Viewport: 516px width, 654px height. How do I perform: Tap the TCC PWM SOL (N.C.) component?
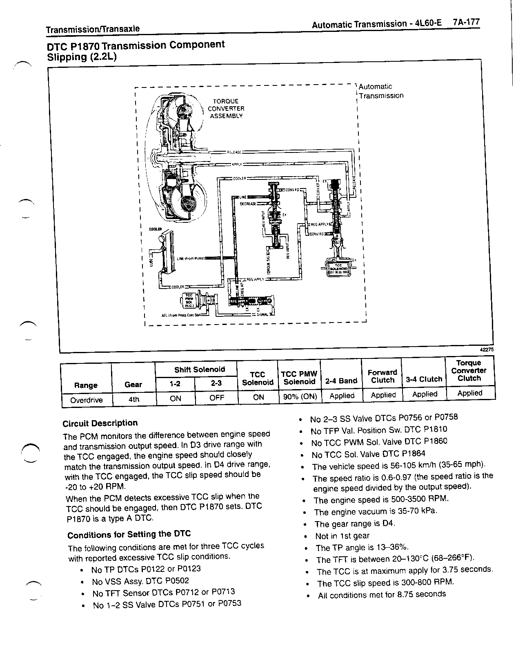[189, 302]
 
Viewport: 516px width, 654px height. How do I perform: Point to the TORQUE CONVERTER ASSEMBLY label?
[226, 108]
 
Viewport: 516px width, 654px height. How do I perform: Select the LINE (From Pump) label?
[192, 258]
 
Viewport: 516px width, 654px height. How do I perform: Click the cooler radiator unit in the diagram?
[167, 251]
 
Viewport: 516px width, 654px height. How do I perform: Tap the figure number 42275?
[487, 349]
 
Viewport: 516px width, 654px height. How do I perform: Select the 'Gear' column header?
[133, 384]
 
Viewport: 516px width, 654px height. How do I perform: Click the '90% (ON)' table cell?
[300, 396]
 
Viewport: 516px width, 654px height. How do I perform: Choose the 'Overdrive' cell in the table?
[86, 400]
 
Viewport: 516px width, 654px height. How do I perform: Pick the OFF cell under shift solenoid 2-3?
[216, 398]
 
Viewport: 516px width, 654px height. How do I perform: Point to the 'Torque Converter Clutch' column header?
[469, 370]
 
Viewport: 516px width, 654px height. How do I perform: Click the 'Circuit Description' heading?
[100, 423]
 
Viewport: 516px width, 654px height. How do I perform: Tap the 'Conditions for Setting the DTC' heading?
[129, 535]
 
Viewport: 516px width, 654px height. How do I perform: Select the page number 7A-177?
[466, 22]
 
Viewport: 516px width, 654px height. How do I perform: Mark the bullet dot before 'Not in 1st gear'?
[307, 536]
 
